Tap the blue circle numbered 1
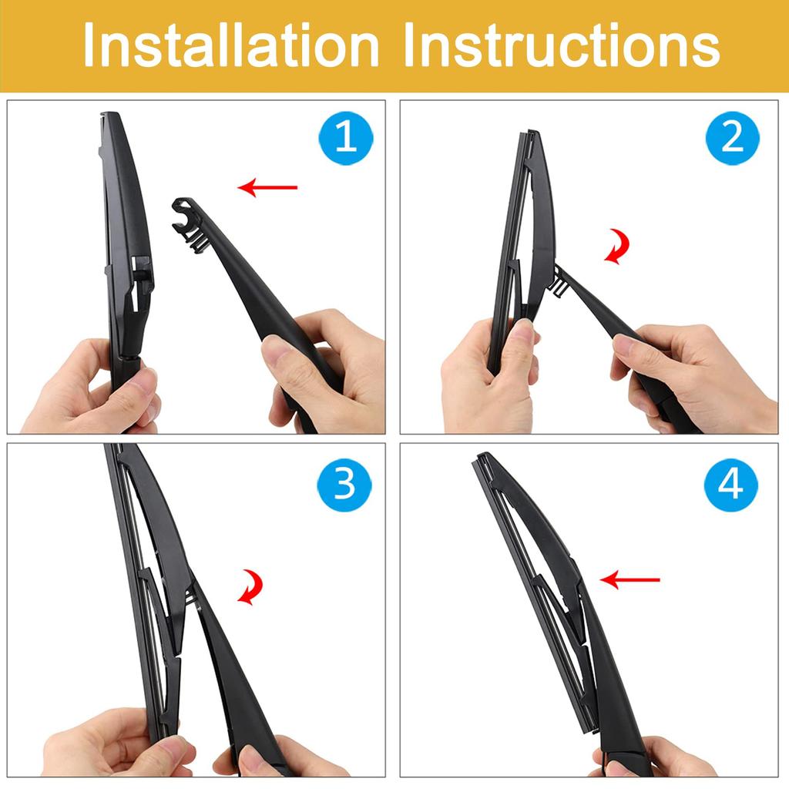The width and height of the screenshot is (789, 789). point(346,139)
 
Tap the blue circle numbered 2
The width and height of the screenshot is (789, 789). point(732,139)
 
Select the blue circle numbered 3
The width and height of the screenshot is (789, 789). point(344,484)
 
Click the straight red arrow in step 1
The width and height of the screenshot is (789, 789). point(267,187)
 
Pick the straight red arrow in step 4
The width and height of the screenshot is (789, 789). point(630,579)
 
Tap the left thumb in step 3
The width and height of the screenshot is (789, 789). point(158,751)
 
